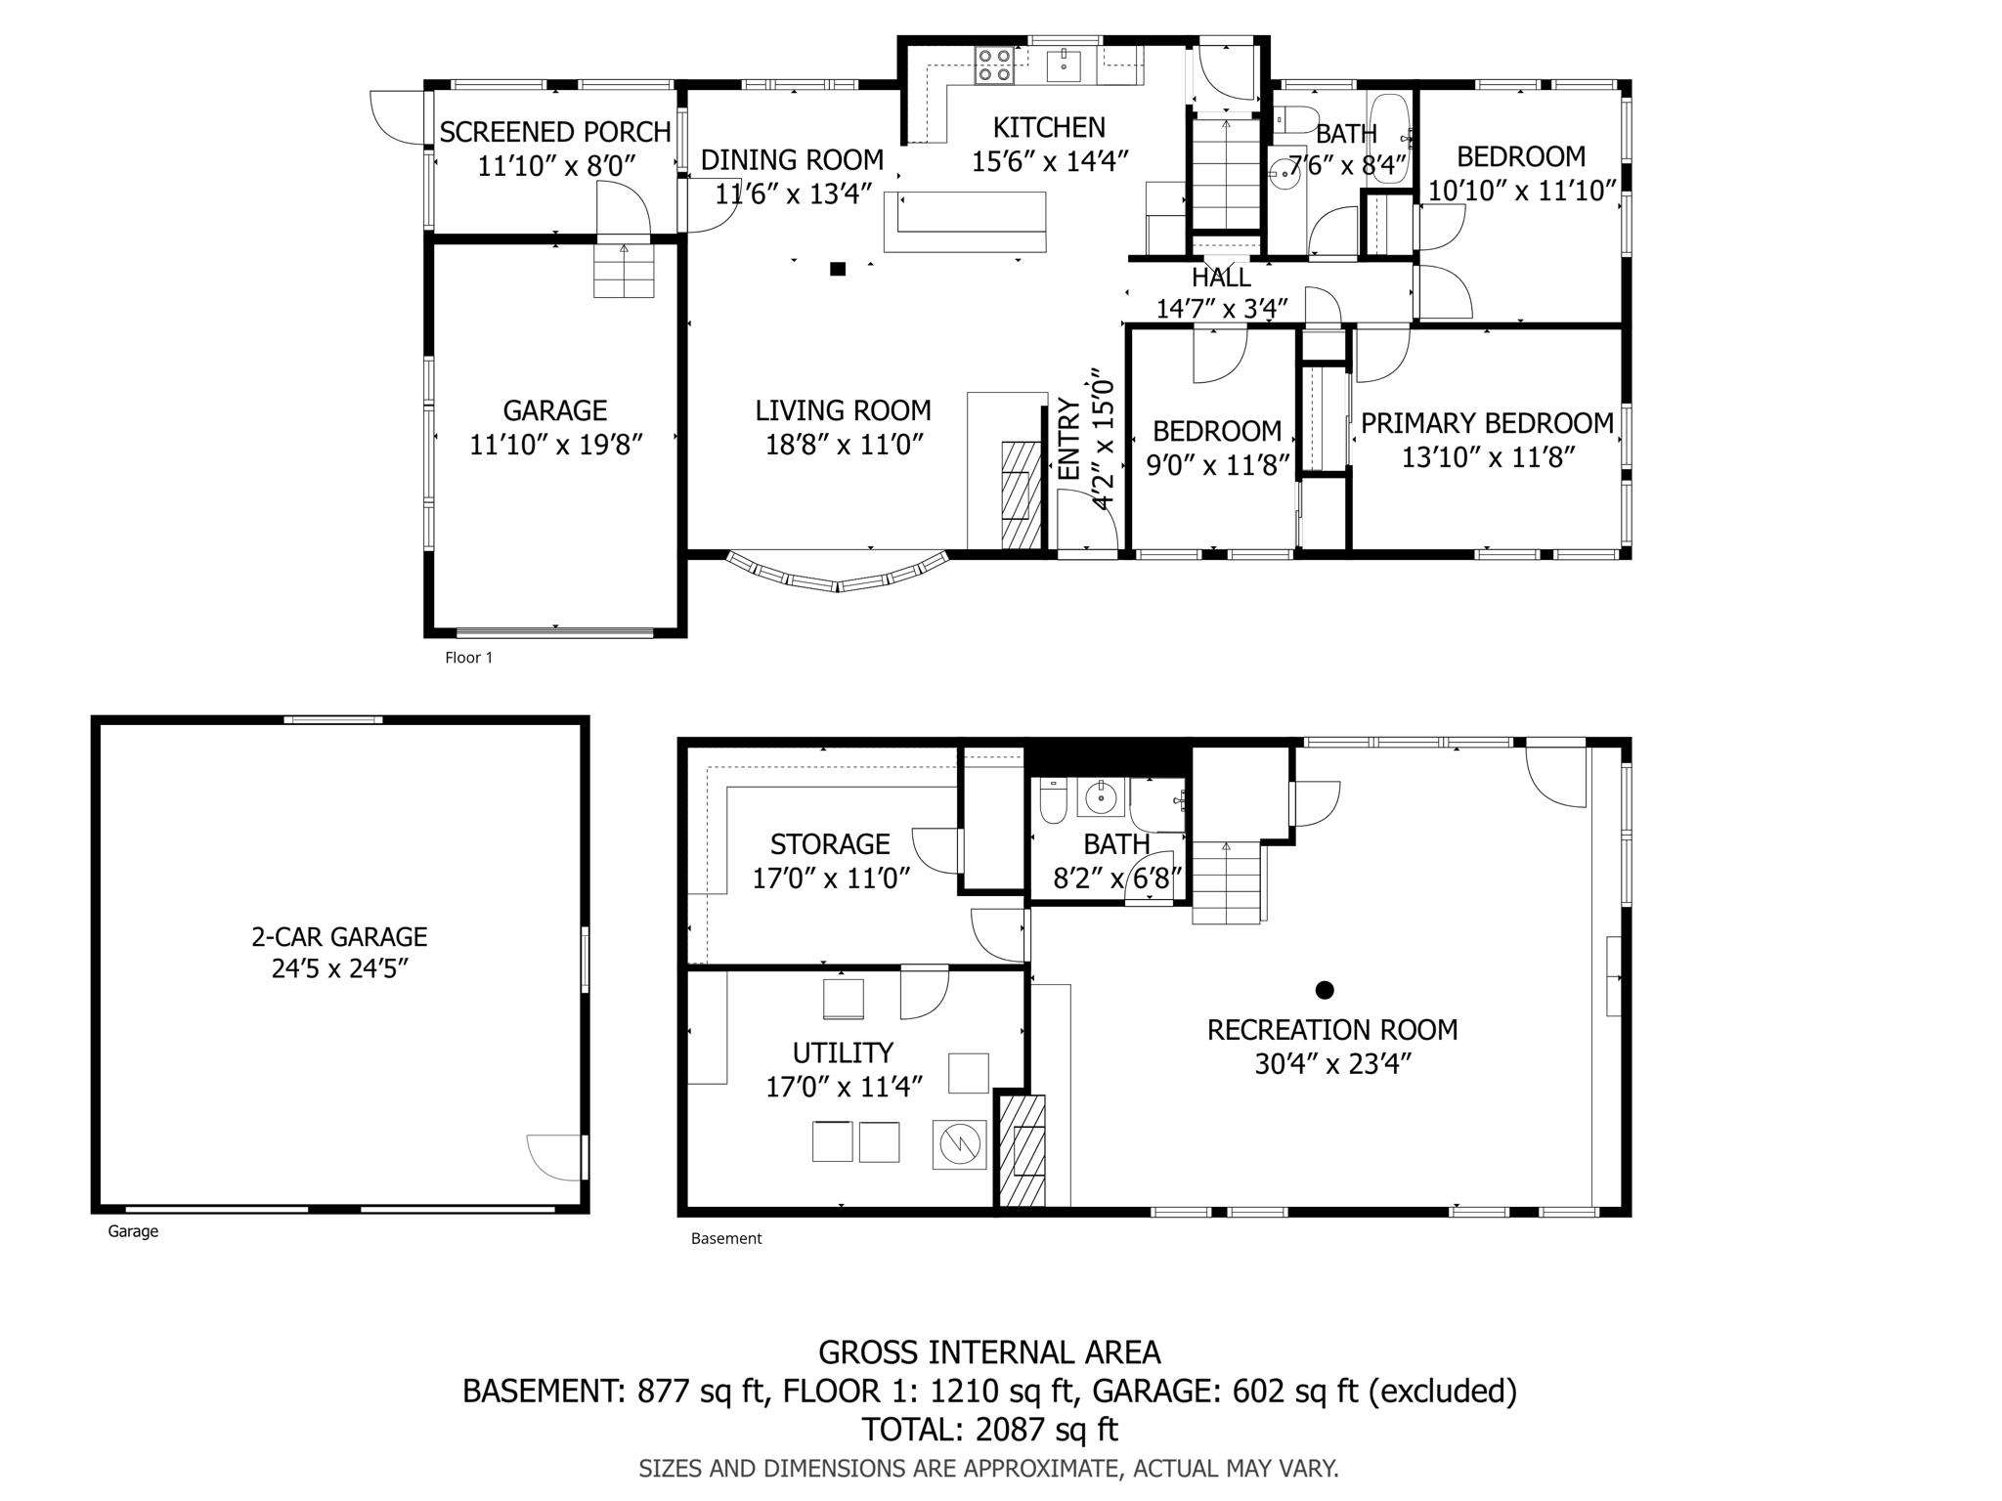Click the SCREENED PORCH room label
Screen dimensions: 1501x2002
point(554,132)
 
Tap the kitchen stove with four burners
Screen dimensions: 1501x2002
point(994,65)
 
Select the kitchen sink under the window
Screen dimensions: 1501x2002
point(1063,66)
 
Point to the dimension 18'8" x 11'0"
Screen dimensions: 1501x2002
point(844,445)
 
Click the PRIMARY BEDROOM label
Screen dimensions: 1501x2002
point(1486,423)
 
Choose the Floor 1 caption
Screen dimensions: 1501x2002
point(468,658)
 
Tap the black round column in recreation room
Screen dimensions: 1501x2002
point(1325,990)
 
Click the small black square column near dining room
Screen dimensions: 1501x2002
point(838,269)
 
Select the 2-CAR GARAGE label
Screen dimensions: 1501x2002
point(339,936)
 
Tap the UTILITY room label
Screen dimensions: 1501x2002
point(842,1052)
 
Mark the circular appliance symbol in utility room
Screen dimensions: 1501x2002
point(959,1143)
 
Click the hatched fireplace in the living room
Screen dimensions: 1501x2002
point(1021,493)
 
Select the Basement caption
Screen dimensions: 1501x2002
point(725,1238)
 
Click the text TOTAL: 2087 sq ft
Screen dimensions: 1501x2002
point(988,1429)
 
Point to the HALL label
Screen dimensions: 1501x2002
point(1221,278)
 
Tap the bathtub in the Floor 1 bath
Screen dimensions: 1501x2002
point(1388,137)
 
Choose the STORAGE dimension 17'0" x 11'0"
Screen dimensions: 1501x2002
point(830,878)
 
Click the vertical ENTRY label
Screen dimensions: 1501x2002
point(1069,440)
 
